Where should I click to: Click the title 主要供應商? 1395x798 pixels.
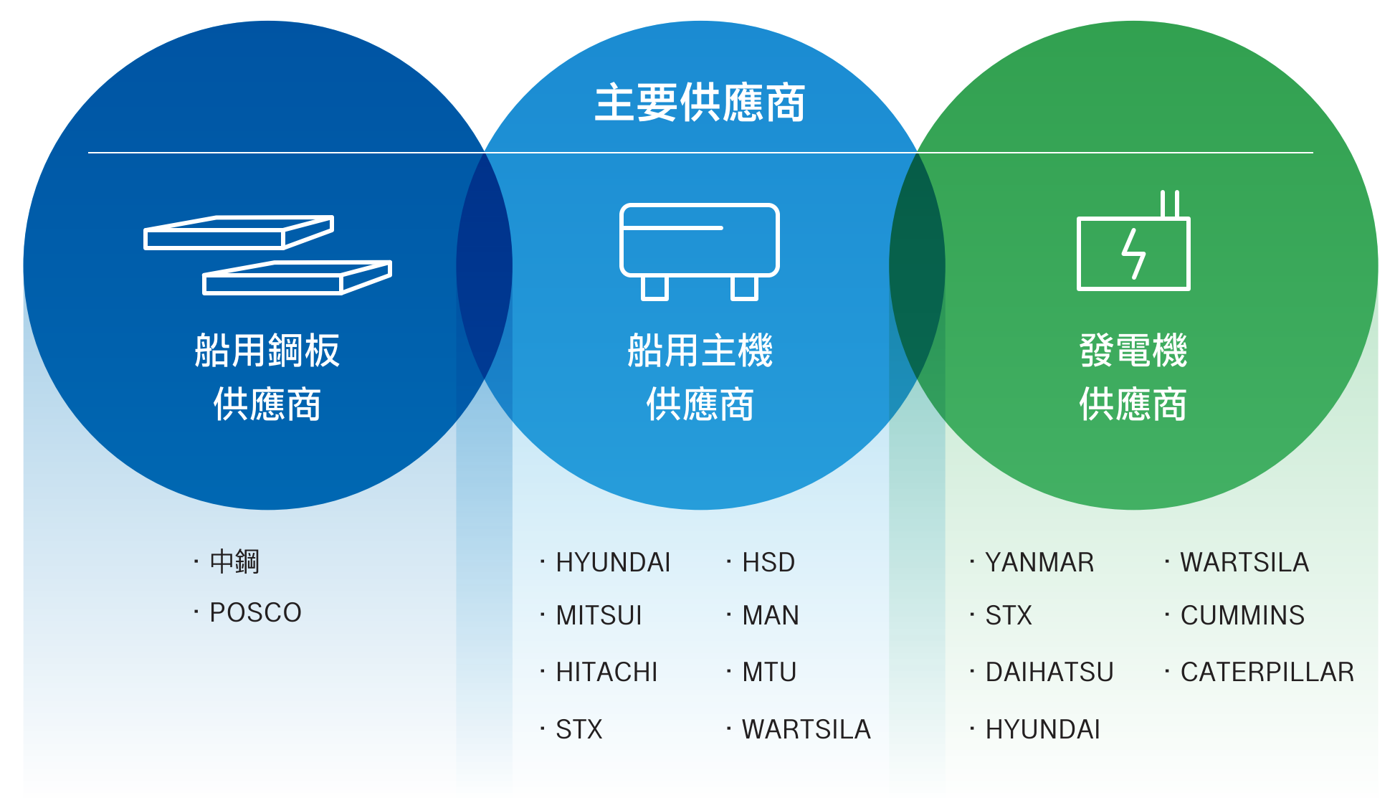700,103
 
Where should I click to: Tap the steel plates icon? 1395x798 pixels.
267,255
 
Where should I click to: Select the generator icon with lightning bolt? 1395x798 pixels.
1133,240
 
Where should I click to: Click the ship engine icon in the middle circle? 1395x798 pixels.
700,252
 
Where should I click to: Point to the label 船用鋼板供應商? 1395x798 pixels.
267,377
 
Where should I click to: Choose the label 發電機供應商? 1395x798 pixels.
1133,377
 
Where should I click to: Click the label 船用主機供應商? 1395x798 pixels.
700,377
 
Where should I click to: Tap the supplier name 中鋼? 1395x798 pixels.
234,561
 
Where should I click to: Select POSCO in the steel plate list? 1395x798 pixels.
255,613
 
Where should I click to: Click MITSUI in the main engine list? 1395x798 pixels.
599,615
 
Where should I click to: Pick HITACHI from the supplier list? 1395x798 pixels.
606,672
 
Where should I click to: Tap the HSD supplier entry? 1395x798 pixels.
768,562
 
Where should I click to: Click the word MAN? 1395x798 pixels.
771,615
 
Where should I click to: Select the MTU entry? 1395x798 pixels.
769,672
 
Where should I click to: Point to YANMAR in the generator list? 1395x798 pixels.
1039,562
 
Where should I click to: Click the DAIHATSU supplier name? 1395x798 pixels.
1049,672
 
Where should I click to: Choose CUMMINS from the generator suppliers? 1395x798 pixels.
1242,615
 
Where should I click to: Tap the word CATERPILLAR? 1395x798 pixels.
1267,672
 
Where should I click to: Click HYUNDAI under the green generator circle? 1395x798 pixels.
1043,729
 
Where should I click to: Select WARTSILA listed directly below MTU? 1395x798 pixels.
806,729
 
